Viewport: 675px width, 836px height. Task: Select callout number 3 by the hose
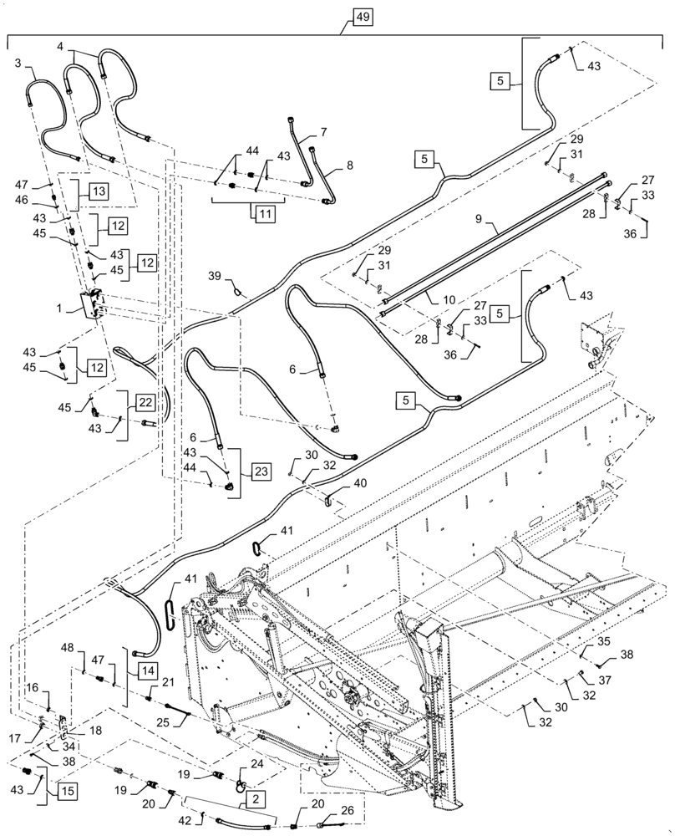pos(18,63)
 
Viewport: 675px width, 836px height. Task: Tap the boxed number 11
pos(264,214)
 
